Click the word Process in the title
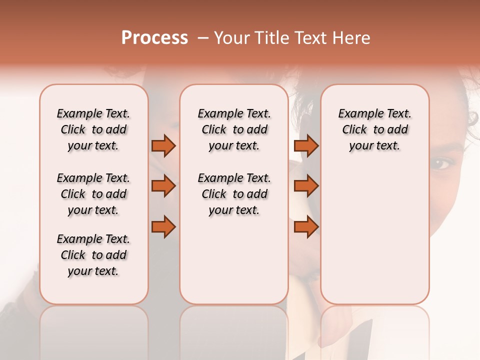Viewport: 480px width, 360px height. coord(154,38)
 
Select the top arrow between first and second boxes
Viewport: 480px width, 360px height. coord(163,145)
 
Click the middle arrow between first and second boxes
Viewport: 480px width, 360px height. coord(163,186)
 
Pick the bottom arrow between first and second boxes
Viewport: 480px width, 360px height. coord(163,227)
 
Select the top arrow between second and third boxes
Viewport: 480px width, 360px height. coord(306,145)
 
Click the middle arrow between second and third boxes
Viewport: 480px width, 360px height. coord(306,186)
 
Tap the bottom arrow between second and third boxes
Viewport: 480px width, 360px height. coord(306,227)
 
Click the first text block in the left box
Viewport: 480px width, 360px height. coord(93,129)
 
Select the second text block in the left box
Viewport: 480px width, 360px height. coord(93,194)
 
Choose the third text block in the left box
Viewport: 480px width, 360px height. coord(93,255)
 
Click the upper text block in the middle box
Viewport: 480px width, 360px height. coord(234,129)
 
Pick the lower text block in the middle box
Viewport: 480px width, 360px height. coord(234,194)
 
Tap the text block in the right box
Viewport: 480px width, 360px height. coord(374,129)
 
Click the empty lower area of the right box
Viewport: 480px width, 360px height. coord(374,235)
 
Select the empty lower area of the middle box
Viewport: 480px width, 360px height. coord(234,260)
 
